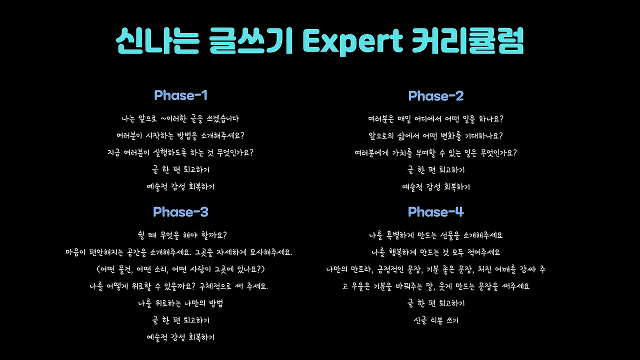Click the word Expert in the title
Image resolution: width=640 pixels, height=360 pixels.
352,41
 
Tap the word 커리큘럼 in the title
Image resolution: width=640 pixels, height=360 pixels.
467,40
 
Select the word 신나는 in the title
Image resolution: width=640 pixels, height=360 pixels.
157,40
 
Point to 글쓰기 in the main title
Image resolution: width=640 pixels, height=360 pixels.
251,40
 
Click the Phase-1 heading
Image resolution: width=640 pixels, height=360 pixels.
180,95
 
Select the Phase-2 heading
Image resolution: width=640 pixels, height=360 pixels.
435,95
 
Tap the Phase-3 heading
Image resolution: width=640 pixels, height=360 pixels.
180,211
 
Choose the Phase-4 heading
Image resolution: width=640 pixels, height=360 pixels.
435,211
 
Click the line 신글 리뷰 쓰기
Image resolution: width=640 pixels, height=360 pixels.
435,320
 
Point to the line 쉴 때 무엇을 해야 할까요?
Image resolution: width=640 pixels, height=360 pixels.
182,235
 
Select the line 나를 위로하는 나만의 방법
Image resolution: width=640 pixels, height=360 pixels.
180,303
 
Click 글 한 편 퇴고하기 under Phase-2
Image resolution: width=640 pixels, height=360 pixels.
435,170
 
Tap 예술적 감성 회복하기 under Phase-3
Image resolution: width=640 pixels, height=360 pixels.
180,337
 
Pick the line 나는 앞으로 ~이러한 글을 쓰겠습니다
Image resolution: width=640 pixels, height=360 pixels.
180,118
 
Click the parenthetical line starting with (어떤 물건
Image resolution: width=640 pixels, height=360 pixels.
180,269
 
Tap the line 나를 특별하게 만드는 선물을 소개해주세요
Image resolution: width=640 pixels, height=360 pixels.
435,235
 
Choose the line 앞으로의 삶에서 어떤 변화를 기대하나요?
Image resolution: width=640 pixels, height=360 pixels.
435,136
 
